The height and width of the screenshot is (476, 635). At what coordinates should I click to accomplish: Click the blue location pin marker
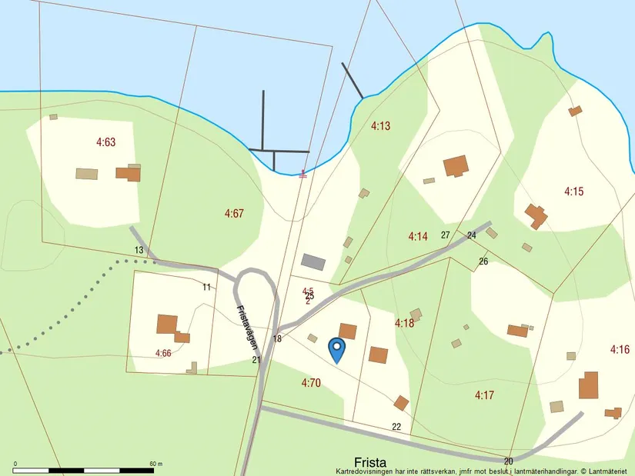coord(336,349)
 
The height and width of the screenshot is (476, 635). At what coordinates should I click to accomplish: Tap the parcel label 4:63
coord(105,141)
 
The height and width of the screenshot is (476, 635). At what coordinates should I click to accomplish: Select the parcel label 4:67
coord(234,213)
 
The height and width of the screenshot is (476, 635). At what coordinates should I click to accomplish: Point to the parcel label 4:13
coord(381,126)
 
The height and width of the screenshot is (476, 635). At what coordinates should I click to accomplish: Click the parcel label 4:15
coord(574,191)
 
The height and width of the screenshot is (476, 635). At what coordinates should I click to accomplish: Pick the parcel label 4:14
coord(417,236)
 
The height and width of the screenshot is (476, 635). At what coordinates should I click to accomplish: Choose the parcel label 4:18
coord(404,322)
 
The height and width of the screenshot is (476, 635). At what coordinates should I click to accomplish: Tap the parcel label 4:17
coord(484,395)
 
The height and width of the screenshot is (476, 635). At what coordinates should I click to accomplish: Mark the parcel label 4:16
coord(620,349)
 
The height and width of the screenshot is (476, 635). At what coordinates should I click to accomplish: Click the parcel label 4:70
coord(310,382)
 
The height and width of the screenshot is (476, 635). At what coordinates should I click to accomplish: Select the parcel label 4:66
coord(163,353)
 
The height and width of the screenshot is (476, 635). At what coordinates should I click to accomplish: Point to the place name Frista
coord(371,462)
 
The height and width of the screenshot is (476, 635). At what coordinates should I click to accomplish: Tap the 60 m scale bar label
coord(155,464)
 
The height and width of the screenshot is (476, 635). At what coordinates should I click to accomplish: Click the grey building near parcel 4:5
coord(313,262)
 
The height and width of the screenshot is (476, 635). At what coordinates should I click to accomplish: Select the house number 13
coord(139,250)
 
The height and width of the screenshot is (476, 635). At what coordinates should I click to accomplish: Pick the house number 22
coord(396,427)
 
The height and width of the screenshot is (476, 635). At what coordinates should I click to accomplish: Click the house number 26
coord(483,261)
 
